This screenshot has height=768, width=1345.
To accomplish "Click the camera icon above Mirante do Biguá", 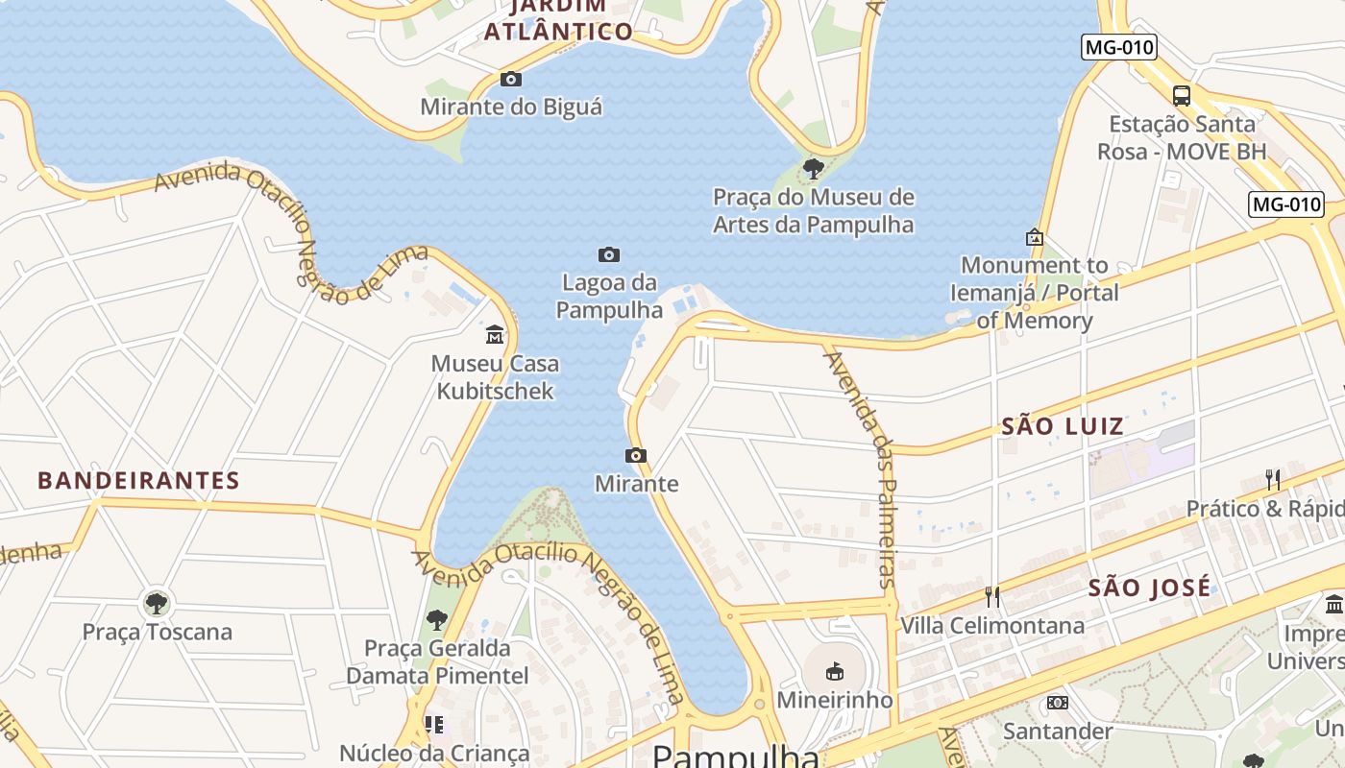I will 511,79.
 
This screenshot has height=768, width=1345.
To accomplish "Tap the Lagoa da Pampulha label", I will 609,297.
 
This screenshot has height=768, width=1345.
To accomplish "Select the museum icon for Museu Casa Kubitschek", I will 495,334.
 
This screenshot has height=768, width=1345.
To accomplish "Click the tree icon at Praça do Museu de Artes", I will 814,170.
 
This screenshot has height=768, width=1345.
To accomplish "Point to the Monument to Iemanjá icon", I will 1035,236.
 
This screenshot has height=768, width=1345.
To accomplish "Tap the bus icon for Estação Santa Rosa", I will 1182,95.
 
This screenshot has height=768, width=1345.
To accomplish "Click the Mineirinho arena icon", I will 834,671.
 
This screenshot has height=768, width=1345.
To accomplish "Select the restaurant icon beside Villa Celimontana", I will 992,597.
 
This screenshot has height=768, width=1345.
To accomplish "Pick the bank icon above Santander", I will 1058,703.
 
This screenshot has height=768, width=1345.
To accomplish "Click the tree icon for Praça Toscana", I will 157,604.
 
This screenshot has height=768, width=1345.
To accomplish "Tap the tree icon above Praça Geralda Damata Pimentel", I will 437,620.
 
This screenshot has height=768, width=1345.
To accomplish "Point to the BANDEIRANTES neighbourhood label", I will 138,481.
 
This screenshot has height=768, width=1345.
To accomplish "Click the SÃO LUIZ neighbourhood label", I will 1063,426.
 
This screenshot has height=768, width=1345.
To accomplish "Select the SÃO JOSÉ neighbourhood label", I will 1150,588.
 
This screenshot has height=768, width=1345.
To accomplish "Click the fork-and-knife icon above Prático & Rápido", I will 1273,479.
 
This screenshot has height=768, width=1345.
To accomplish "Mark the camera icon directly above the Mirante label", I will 636,455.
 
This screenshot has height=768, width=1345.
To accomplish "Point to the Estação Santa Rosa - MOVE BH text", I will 1182,137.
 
